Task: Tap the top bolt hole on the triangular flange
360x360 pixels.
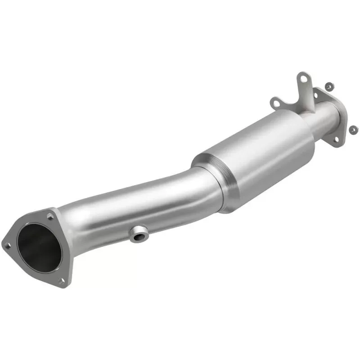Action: click(50, 217)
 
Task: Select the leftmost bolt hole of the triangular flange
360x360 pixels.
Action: click(8, 245)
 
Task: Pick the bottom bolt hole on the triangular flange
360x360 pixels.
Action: click(62, 281)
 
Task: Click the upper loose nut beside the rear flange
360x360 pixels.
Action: click(329, 85)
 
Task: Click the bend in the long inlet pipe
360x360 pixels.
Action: click(180, 180)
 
